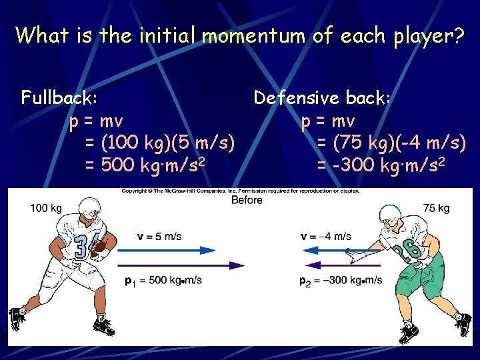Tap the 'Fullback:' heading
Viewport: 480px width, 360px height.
coord(60,98)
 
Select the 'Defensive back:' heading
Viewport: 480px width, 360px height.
coord(321,98)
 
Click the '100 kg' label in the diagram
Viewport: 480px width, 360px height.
coord(45,209)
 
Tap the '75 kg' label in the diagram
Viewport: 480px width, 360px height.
coord(437,209)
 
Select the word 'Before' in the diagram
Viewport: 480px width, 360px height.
coord(246,200)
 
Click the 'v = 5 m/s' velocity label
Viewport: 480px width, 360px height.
coord(159,237)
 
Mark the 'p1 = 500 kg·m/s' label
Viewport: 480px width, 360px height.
coord(163,280)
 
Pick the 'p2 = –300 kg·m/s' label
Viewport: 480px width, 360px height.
coord(341,280)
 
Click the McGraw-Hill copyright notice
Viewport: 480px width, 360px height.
coord(240,191)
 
